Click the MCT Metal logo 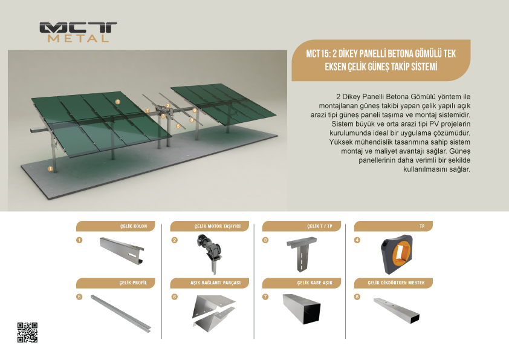tap(78, 32)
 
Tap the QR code tap(27, 332)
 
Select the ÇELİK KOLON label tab tap(115, 226)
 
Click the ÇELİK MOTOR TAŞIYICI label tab tap(209, 226)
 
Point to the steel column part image tap(122, 250)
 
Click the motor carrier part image tap(209, 254)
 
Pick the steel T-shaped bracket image tap(302, 254)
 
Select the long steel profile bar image tap(121, 313)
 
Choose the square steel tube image tap(302, 309)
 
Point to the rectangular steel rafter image tap(397, 310)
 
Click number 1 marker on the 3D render tap(50, 169)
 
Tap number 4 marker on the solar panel tap(118, 102)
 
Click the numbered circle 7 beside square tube tap(265, 296)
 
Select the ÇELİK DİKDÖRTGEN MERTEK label tap(396, 283)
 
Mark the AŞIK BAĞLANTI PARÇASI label tap(216, 283)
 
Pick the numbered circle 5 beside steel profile tap(79, 296)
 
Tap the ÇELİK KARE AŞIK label tap(315, 283)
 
